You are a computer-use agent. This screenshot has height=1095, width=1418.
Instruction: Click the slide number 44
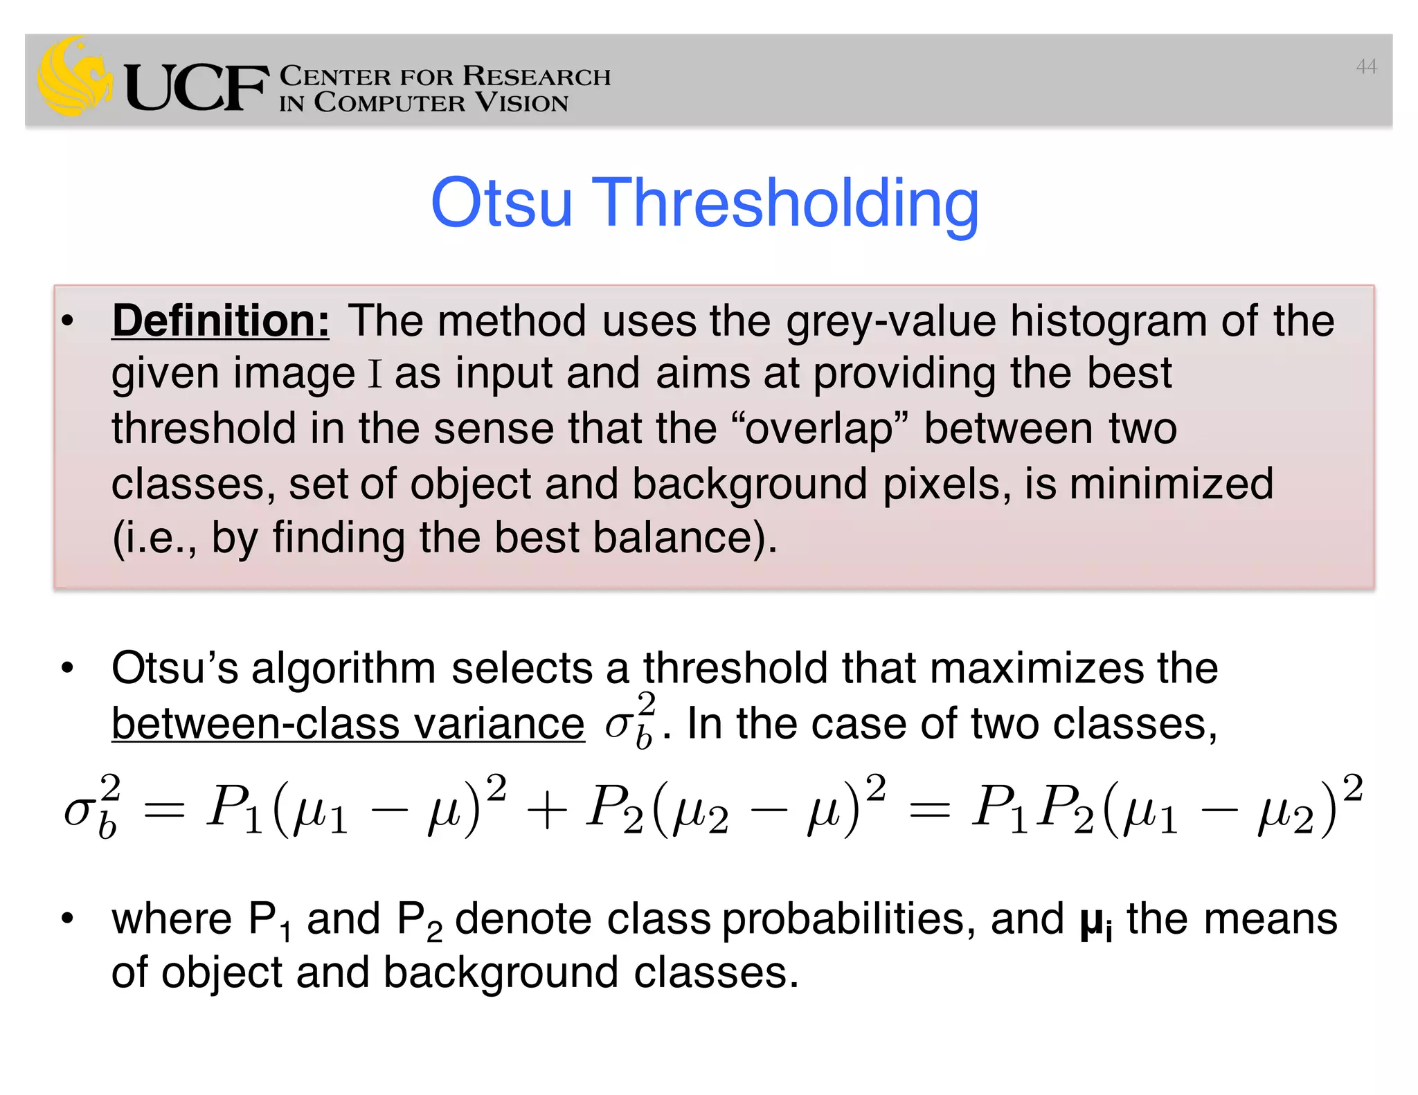coord(1366,66)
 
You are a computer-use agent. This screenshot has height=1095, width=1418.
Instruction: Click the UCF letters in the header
coord(197,87)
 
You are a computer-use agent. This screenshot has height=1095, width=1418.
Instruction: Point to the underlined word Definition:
coord(221,321)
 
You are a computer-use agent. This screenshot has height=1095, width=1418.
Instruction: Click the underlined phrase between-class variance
coord(348,724)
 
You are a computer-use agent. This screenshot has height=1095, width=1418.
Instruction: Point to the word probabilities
coord(848,920)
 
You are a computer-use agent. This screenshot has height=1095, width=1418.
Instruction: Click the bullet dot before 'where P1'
coord(67,919)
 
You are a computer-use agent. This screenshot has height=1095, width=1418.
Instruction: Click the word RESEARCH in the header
coord(537,75)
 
